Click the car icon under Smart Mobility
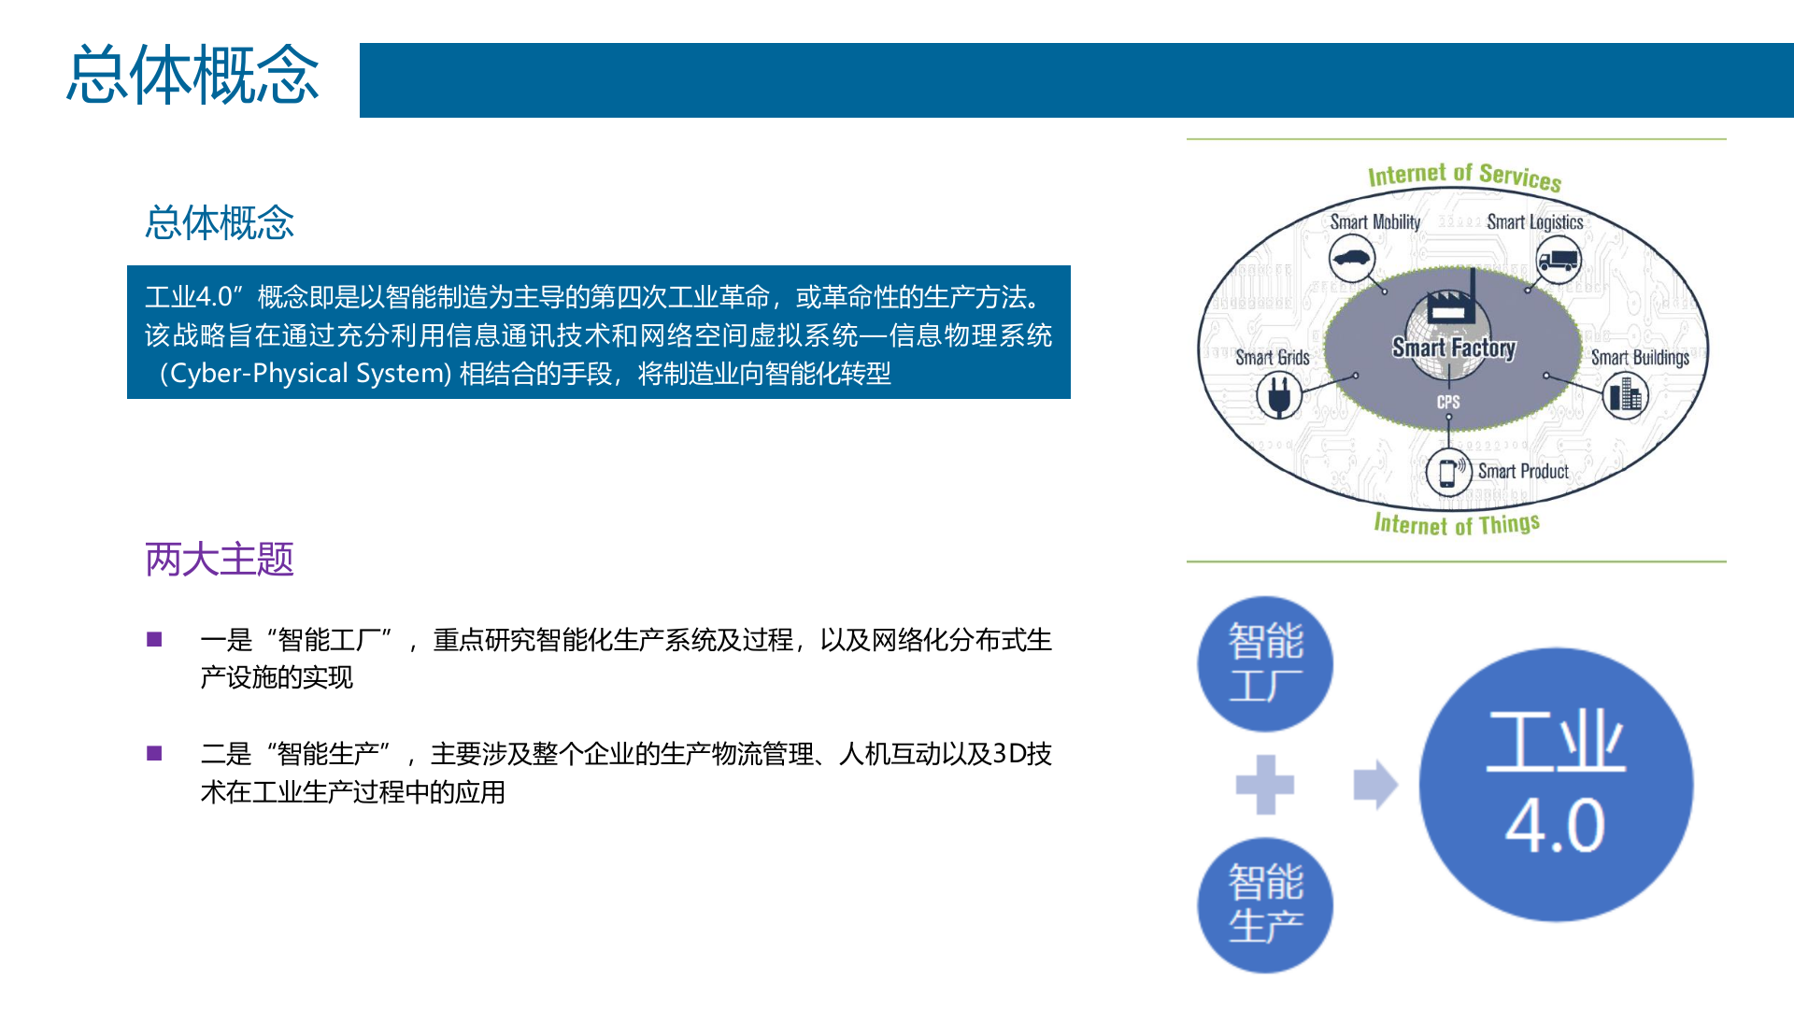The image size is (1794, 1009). [1351, 259]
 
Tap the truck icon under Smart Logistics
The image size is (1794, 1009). [1558, 259]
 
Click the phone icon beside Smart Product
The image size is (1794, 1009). [1448, 471]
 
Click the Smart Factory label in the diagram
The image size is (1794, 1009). [1454, 348]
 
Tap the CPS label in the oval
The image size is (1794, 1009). [1448, 402]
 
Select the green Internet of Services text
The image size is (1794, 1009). [1464, 176]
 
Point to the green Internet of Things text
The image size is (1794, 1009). [1456, 524]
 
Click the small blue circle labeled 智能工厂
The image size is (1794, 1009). [1265, 663]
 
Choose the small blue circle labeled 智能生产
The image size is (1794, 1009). [1265, 904]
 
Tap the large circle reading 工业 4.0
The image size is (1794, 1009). [1556, 784]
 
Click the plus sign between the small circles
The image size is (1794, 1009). [1265, 785]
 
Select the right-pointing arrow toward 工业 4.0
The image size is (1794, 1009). [1375, 785]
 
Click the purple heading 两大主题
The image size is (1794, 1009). [220, 560]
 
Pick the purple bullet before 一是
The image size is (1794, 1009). [155, 640]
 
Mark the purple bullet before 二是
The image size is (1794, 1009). [155, 754]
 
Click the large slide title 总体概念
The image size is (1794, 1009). [192, 75]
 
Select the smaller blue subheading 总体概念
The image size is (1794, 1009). [220, 222]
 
